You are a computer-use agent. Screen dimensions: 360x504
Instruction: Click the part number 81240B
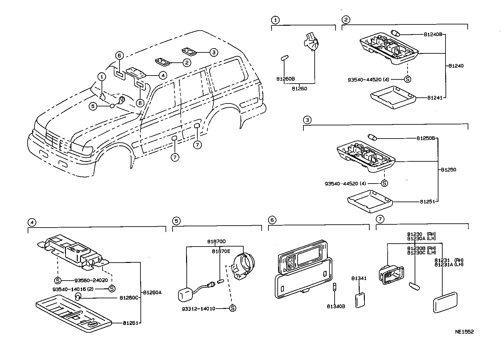[x=433, y=34]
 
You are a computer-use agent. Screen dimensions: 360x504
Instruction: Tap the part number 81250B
[x=426, y=139]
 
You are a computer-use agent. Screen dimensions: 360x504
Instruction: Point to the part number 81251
[x=427, y=202]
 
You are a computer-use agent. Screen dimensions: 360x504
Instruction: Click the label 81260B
[x=285, y=79]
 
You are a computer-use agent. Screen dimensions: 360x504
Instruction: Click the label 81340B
[x=336, y=307]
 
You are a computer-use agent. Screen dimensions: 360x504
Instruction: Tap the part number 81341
[x=359, y=279]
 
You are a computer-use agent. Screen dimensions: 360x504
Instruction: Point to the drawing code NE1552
[x=464, y=332]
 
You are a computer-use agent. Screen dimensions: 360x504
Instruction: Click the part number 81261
[x=130, y=323]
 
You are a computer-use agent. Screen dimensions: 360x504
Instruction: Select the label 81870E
[x=221, y=252]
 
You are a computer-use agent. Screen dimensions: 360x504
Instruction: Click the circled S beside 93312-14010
[x=232, y=309]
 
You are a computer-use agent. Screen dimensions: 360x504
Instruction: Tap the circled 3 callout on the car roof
[x=213, y=52]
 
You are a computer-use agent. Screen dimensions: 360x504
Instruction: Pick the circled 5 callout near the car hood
[x=93, y=106]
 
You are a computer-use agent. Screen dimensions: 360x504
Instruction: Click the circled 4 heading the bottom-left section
[x=31, y=222]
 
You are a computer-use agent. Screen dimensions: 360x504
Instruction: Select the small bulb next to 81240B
[x=396, y=33]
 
